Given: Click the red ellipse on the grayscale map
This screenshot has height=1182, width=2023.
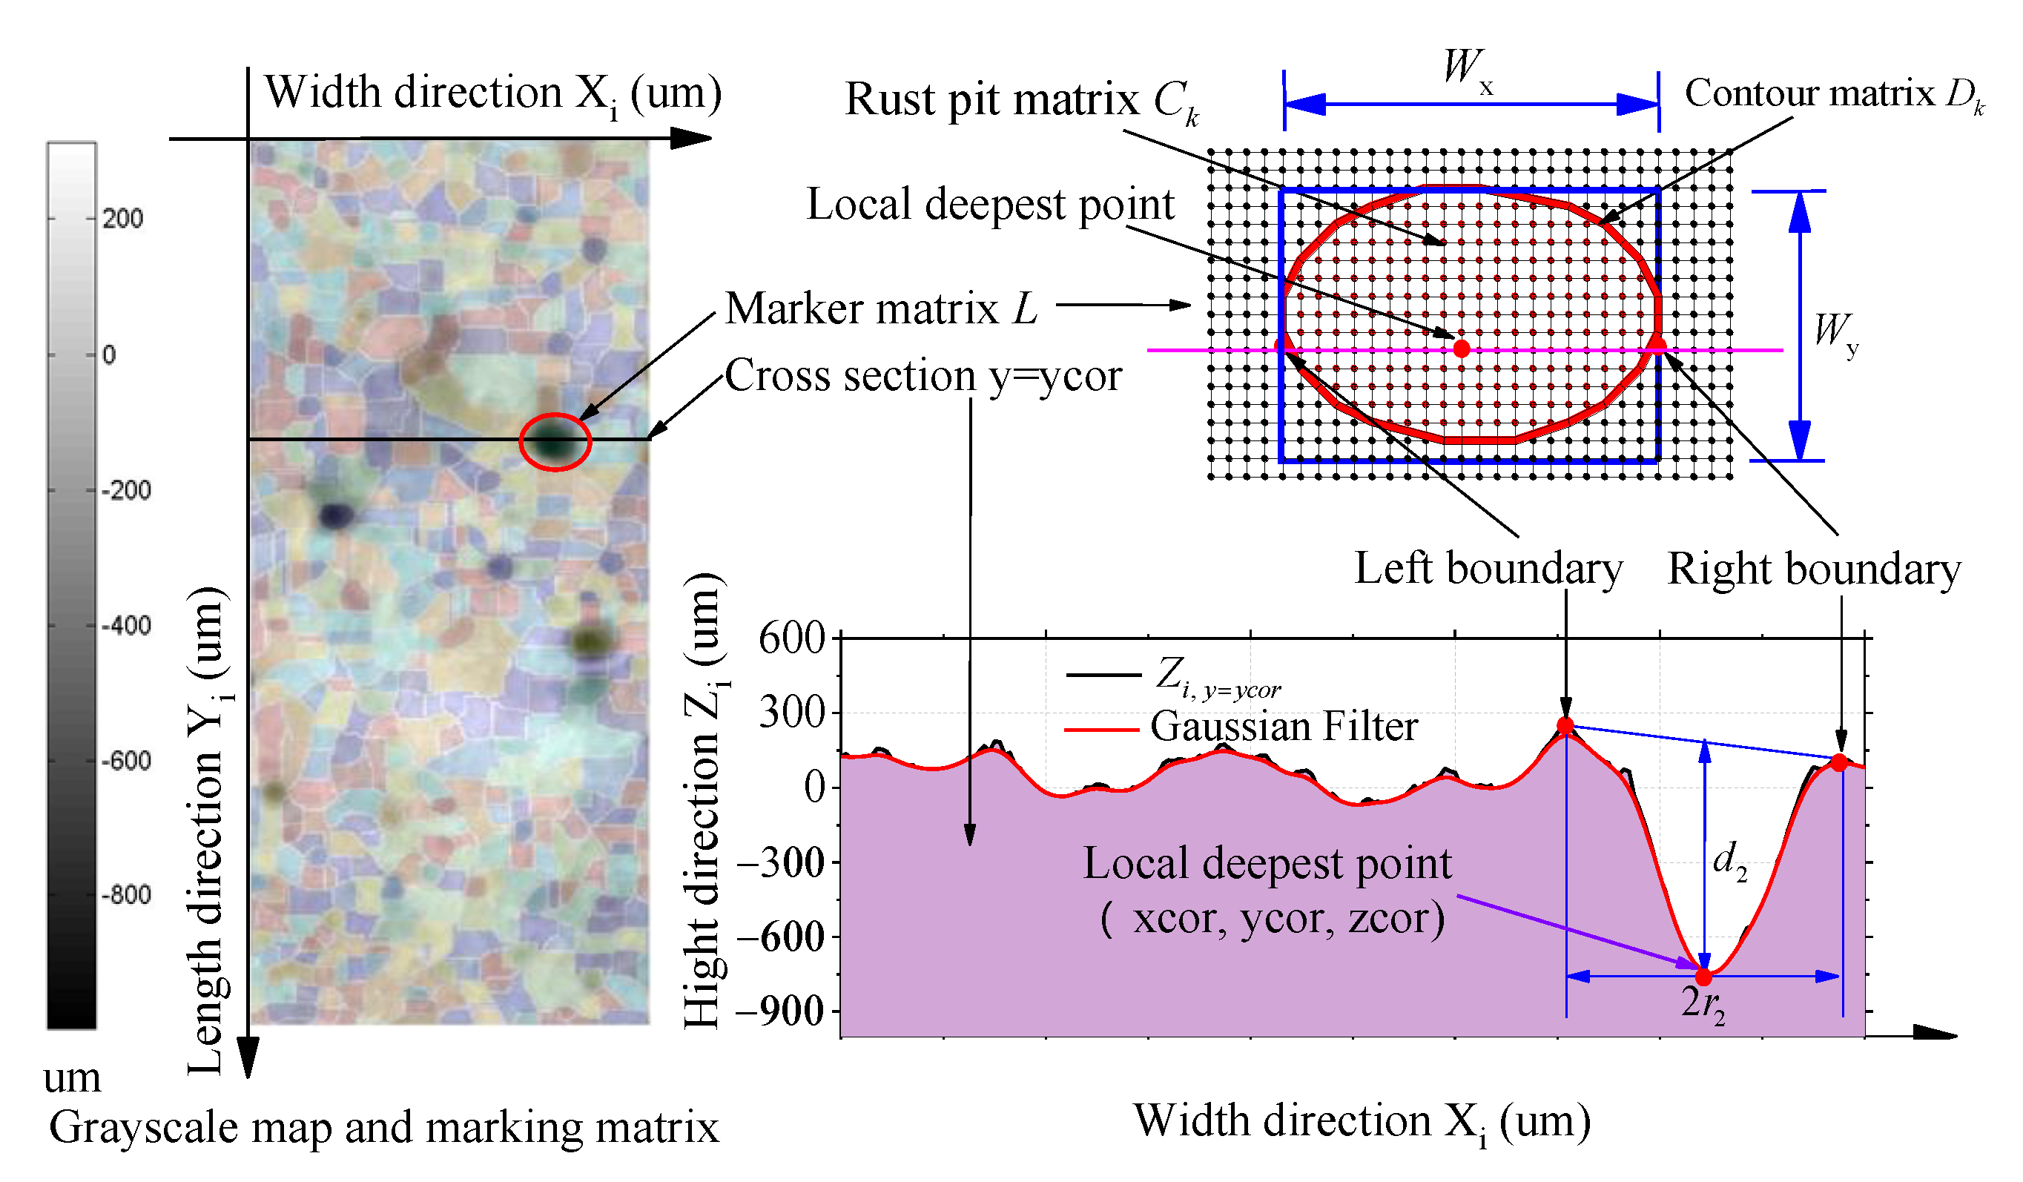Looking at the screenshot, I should (555, 441).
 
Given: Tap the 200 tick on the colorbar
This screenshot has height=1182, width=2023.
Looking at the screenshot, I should (122, 219).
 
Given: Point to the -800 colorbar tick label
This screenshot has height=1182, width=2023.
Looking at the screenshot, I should (127, 894).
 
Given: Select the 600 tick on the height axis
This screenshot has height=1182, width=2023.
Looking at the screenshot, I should (791, 639).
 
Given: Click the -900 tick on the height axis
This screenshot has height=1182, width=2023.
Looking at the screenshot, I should (780, 1011).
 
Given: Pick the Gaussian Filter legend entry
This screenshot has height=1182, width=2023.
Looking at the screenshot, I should (1283, 727).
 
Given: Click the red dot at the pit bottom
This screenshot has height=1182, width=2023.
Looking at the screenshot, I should (1703, 977).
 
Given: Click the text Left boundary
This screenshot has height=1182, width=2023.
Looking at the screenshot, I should (1488, 569).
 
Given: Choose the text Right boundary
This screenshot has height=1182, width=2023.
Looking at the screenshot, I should (1813, 569).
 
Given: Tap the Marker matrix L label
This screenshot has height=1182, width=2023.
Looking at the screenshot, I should (881, 308).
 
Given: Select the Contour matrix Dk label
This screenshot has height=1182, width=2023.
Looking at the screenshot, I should (1834, 95).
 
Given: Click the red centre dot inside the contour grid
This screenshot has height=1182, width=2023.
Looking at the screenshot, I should (1461, 349).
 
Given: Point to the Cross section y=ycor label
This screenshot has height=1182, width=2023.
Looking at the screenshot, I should (923, 376).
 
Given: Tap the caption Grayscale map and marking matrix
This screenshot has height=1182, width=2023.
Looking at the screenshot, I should (383, 1127).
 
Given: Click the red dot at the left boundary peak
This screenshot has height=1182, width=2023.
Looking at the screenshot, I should (1565, 726).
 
